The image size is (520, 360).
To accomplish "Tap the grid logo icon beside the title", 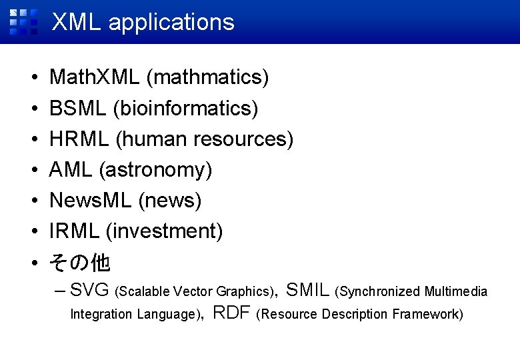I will pyautogui.click(x=23, y=21).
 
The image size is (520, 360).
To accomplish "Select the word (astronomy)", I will pyautogui.click(x=155, y=170).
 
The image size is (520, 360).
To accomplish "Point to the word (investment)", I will pyautogui.click(x=164, y=231).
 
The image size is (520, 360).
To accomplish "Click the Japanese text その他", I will pyautogui.click(x=80, y=263).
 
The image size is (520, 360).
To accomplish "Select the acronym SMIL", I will pyautogui.click(x=307, y=290).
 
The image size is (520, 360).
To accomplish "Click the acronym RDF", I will pyautogui.click(x=231, y=313).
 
